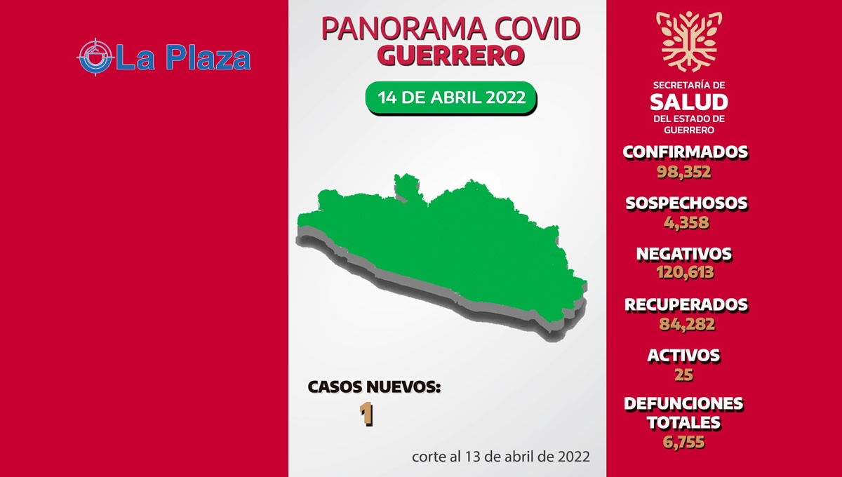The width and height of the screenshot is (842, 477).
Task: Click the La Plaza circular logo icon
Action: [x=96, y=57]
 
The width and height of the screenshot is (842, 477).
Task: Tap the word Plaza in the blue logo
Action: [x=208, y=58]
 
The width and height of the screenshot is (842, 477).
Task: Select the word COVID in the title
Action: [x=537, y=29]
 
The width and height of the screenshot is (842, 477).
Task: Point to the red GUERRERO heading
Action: [x=450, y=55]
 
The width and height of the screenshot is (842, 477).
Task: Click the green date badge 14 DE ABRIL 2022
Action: [x=451, y=98]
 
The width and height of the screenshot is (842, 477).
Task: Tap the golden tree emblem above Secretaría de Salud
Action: [x=689, y=41]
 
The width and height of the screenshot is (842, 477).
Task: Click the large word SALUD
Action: [x=689, y=102]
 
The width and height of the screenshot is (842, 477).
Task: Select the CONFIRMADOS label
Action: [x=686, y=152]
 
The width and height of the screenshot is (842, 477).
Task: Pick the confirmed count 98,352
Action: [x=684, y=172]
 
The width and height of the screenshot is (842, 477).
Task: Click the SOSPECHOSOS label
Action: [x=686, y=203]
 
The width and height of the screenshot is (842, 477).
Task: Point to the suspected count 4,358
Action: [x=686, y=222]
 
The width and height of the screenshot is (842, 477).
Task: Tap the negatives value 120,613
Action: [x=685, y=272]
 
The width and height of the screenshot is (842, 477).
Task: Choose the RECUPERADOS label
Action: [x=686, y=305]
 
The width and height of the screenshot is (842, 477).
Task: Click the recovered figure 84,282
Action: [x=687, y=324]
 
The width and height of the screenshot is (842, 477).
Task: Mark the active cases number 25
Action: [x=683, y=375]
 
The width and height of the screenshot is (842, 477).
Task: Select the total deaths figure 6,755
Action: [x=683, y=442]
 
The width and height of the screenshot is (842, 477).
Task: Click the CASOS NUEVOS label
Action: [x=374, y=387]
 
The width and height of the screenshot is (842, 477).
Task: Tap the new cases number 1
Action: [x=366, y=414]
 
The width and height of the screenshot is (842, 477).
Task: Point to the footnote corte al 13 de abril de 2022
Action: [x=501, y=457]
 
